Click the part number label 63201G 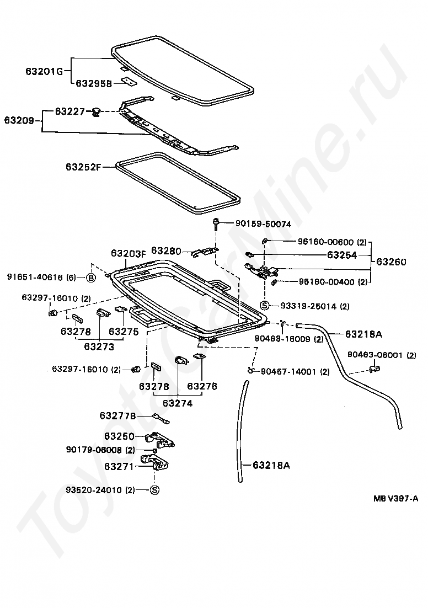pos(44,71)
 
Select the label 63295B pos(93,83)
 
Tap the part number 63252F pos(83,166)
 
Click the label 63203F pos(128,253)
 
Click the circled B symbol pos(92,277)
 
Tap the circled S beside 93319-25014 pos(264,306)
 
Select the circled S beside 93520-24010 pos(154,489)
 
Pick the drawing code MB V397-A pos(395,499)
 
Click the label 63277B pos(117,415)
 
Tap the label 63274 pos(176,403)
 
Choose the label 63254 pos(342,255)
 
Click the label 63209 pos(19,120)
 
